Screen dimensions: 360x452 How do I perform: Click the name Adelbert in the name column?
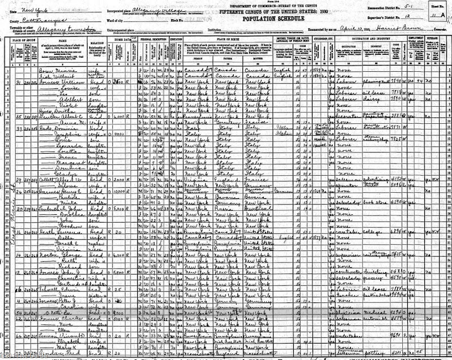tap(56, 102)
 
